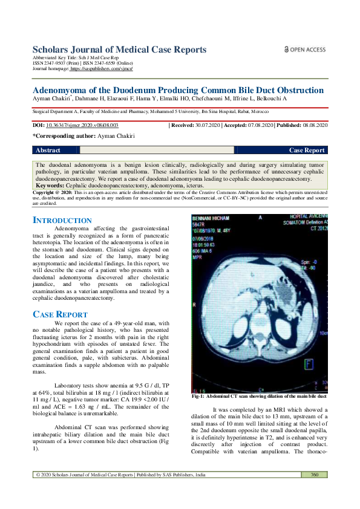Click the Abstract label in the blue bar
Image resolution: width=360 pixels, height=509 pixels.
48,150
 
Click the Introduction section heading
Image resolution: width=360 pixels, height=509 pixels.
62,221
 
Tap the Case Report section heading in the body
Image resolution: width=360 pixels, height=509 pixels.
60,314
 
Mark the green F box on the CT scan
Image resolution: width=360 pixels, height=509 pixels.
310,363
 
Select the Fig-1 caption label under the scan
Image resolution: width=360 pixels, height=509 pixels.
200,397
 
